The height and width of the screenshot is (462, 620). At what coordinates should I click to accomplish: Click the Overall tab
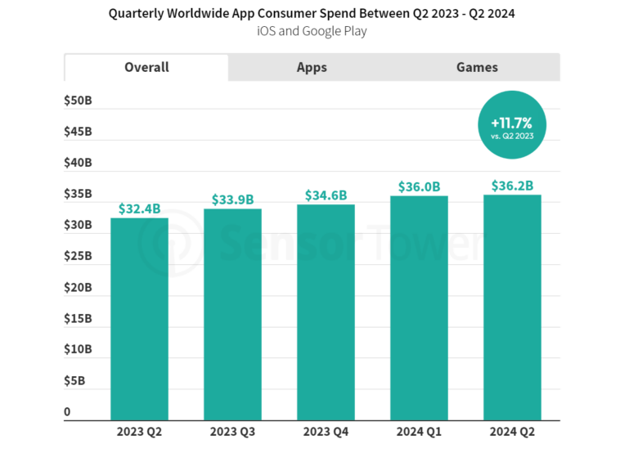coord(146,67)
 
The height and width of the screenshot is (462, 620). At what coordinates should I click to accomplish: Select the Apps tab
coord(312,68)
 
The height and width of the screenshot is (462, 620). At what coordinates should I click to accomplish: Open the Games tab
coord(477,68)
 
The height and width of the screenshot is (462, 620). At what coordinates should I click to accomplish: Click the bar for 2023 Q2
coord(139,319)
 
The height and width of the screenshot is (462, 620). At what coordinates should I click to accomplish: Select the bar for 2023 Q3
coord(232,315)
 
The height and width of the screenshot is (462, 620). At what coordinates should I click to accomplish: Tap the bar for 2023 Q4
coord(326,312)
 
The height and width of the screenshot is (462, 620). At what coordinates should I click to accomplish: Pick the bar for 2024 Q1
coord(419,308)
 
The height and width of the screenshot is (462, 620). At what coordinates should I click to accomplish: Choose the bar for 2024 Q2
coord(512,307)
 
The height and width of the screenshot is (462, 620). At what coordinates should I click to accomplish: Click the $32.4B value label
coord(139,209)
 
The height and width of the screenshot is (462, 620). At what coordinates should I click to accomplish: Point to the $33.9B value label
coord(232,200)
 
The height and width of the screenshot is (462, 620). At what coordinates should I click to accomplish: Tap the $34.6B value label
coord(326,195)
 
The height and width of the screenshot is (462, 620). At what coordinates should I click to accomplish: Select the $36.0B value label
coord(419,186)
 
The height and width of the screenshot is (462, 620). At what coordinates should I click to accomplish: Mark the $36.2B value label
coord(512,186)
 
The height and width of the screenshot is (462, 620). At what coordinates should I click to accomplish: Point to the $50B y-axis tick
coord(78,101)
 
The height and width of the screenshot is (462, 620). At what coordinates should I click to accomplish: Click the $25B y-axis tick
coord(78,256)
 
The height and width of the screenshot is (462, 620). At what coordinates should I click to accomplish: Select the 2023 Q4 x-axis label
coord(326,432)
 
